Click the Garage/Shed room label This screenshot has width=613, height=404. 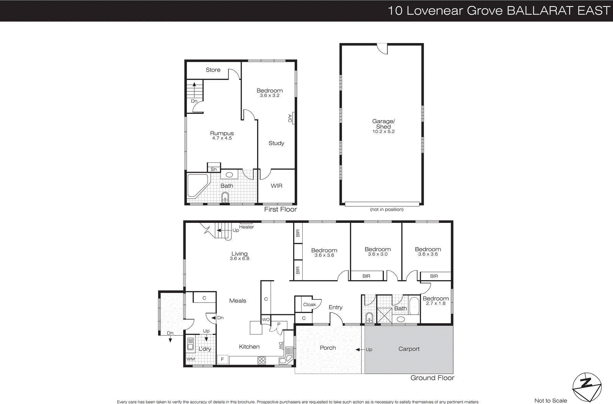[383, 124]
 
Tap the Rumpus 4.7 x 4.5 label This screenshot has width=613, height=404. [222, 135]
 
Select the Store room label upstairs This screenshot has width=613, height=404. [213, 70]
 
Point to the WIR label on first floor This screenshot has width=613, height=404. [276, 186]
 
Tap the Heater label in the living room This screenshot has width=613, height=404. [246, 227]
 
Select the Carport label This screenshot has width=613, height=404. [409, 349]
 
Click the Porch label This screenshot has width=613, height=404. [328, 348]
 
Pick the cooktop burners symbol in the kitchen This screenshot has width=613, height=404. [262, 360]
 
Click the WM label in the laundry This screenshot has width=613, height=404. [191, 359]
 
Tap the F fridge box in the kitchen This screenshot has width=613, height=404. [222, 359]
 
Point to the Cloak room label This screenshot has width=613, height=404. [310, 305]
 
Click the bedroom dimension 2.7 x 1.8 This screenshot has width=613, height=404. [436, 303]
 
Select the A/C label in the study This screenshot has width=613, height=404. [290, 118]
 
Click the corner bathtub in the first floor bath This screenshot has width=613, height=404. [197, 186]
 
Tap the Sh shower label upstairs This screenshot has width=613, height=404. [214, 169]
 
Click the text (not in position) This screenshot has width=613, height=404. [387, 209]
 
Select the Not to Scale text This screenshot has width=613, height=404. [551, 401]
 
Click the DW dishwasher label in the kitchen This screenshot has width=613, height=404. [281, 345]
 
